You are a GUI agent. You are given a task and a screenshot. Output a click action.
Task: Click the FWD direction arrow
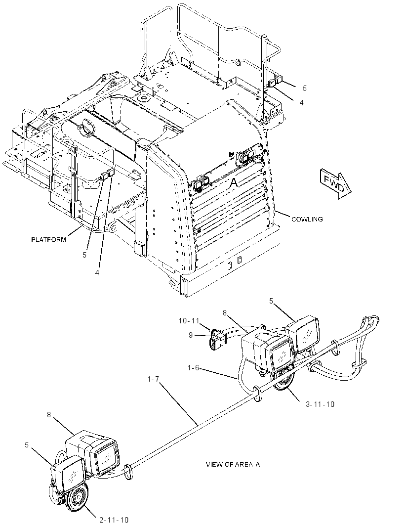pyautogui.click(x=334, y=185)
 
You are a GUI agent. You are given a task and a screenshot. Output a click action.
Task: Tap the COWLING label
pyautogui.click(x=307, y=219)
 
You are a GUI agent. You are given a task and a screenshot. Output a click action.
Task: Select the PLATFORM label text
pyautogui.click(x=48, y=240)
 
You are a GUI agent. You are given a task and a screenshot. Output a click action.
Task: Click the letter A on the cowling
pyautogui.click(x=234, y=182)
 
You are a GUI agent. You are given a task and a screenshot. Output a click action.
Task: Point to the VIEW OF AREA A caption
pyautogui.click(x=233, y=464)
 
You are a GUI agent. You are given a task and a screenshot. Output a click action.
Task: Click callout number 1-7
pyautogui.click(x=154, y=380)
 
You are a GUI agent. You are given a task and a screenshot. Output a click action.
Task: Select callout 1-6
pyautogui.click(x=194, y=368)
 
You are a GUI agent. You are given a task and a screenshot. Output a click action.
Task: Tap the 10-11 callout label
pyautogui.click(x=189, y=321)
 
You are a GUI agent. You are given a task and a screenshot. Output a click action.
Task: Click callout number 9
pyautogui.click(x=191, y=335)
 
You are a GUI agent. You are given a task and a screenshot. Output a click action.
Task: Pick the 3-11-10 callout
pyautogui.click(x=320, y=404)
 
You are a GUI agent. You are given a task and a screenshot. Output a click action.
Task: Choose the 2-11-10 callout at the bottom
pyautogui.click(x=114, y=520)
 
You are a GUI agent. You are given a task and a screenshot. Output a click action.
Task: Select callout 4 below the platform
pyautogui.click(x=97, y=273)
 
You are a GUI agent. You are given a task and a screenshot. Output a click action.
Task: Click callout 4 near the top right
pyautogui.click(x=302, y=102)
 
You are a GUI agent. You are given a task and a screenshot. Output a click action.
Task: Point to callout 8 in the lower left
pyautogui.click(x=49, y=414)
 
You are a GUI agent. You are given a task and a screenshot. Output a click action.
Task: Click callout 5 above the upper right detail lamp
pyautogui.click(x=271, y=301)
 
